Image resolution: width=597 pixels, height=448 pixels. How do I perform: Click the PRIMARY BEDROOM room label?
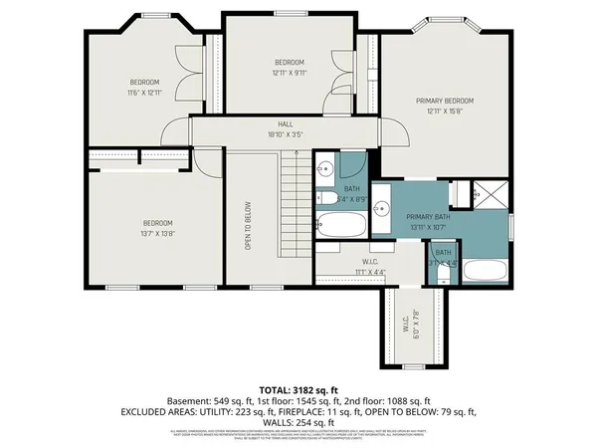click(445, 101)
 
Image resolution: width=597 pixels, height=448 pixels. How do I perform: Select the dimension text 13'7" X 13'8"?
click(157, 233)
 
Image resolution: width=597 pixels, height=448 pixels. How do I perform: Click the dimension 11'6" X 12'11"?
click(144, 92)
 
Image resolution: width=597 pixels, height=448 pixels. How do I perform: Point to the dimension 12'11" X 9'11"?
click(290, 73)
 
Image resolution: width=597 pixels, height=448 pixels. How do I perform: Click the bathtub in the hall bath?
click(340, 224)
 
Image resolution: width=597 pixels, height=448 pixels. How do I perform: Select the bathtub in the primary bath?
click(486, 271)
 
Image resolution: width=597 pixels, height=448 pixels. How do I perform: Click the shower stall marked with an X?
click(493, 194)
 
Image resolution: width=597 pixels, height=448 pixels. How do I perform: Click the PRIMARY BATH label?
click(429, 216)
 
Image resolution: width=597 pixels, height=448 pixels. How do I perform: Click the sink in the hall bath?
click(325, 169)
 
